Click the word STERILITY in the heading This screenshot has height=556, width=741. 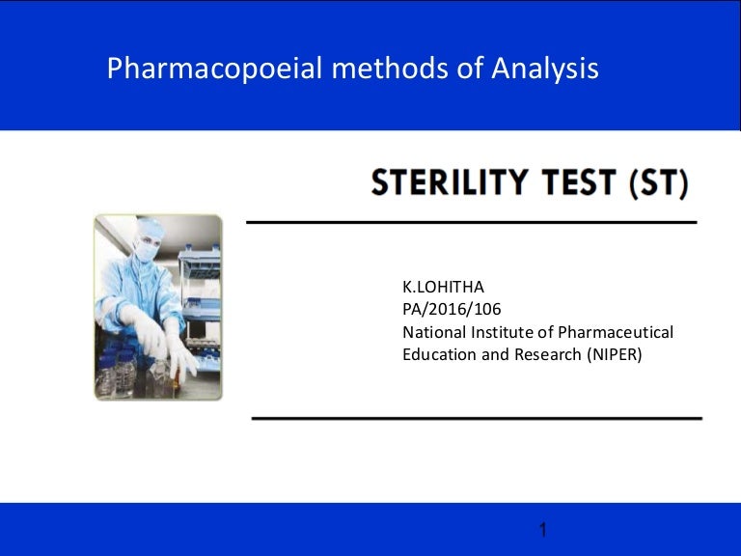click(x=458, y=182)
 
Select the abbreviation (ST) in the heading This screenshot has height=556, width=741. click(x=659, y=182)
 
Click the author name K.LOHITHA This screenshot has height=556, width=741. click(x=443, y=288)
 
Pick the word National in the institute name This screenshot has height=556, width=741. click(x=433, y=332)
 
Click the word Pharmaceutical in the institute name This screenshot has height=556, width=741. click(x=614, y=332)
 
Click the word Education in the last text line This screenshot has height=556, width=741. click(x=438, y=354)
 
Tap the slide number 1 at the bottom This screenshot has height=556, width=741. click(x=543, y=530)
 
